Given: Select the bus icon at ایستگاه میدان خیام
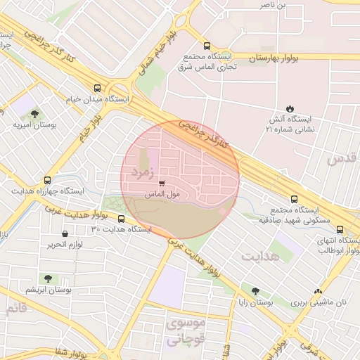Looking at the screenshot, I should tap(97, 89).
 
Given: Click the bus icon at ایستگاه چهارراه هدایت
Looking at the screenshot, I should tap(47, 180).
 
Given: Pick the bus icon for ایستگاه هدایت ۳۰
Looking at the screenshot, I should tap(121, 219).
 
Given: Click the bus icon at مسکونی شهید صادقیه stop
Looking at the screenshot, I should tap(294, 199).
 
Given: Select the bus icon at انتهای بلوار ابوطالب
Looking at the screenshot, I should tap(340, 229).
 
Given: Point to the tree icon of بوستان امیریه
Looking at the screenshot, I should tap(35, 113).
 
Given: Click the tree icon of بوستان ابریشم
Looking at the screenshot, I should tap(48, 278).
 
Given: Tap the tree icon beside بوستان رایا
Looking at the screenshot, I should tap(255, 290).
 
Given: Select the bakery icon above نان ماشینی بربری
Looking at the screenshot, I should tap(319, 290).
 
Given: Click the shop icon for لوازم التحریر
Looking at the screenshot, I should tap(65, 233).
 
